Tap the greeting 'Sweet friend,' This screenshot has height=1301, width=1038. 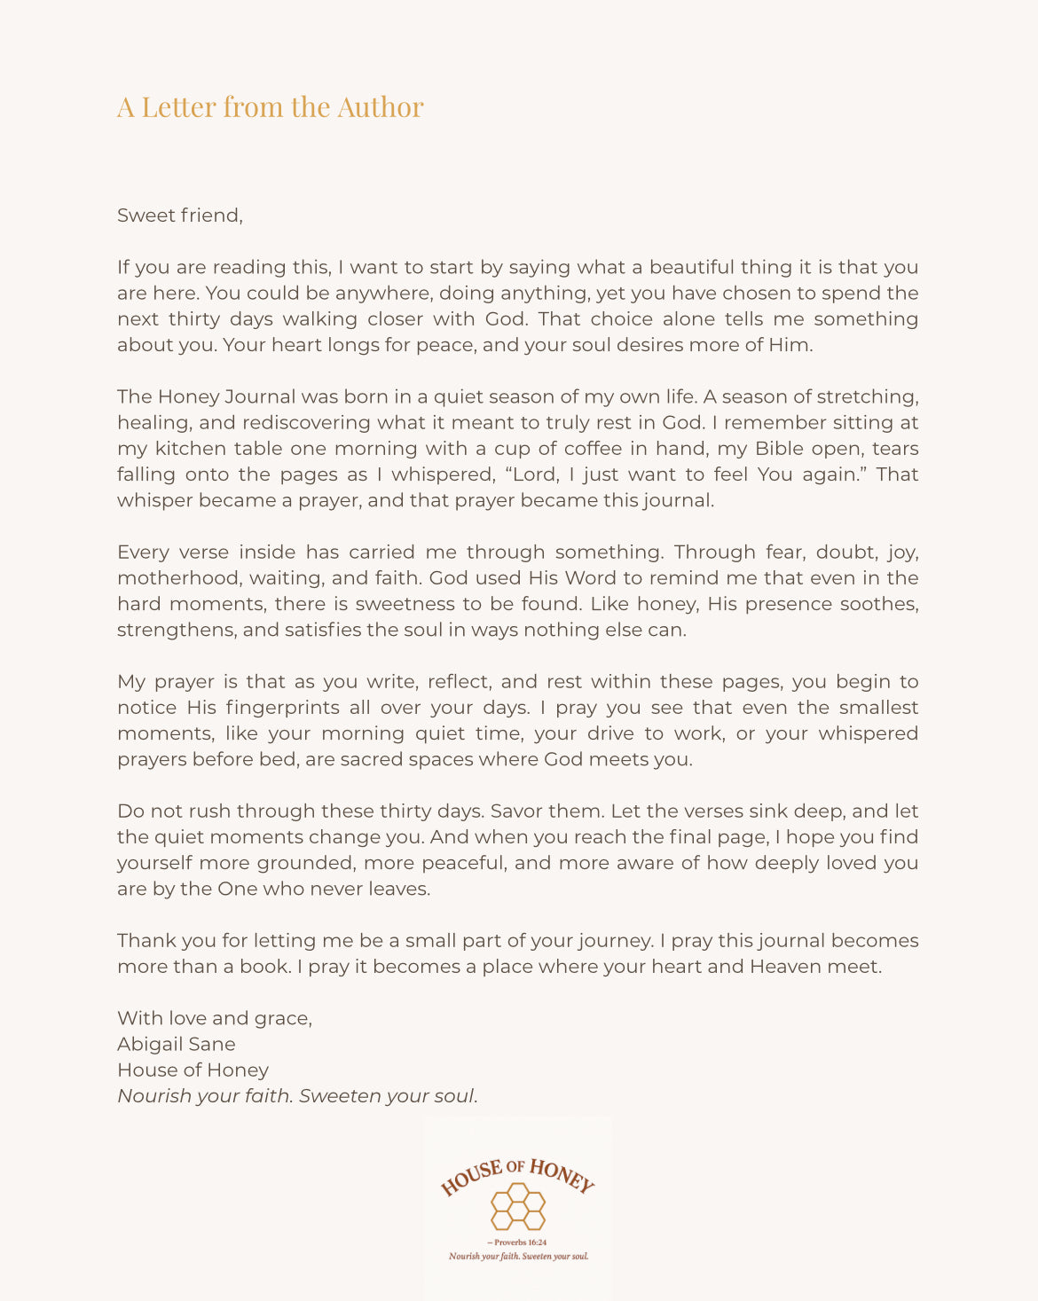click(179, 216)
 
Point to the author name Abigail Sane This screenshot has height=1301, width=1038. click(177, 1045)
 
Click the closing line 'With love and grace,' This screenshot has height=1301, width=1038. click(215, 1018)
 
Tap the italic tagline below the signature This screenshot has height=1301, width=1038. click(297, 1096)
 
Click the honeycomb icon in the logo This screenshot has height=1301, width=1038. click(518, 1207)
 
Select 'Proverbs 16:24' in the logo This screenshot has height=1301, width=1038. click(520, 1242)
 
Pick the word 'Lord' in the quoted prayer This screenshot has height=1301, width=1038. click(534, 474)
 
